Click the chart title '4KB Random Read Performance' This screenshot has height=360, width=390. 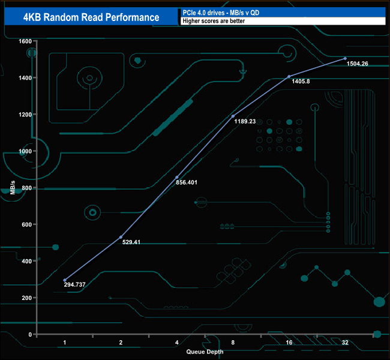coord(92,17)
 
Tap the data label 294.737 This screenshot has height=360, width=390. coord(74,284)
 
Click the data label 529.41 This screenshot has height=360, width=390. coord(136,242)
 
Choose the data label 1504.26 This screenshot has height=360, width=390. coord(358,64)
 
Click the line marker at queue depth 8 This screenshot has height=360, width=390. coord(233,116)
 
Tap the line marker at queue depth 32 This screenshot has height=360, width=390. coord(344,58)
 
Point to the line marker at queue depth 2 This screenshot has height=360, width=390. coord(121,237)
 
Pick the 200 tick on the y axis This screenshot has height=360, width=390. coord(26,298)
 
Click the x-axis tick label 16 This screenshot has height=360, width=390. coord(289,342)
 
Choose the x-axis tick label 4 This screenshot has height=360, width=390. coord(176,342)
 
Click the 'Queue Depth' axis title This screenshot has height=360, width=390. coord(204,351)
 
